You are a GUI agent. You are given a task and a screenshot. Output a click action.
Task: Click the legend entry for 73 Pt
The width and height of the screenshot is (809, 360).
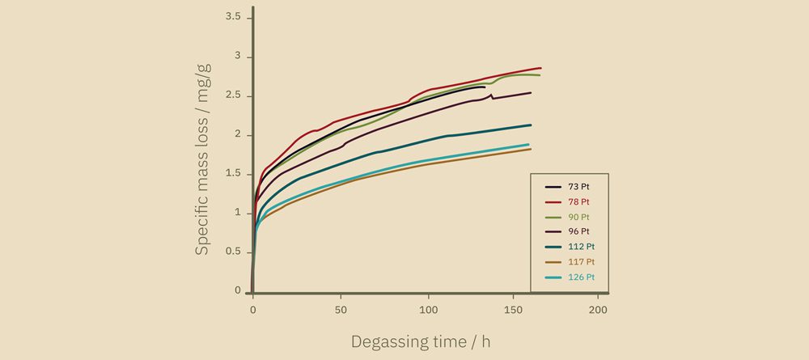(579, 186)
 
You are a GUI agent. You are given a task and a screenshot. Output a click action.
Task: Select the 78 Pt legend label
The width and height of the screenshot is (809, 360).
(579, 201)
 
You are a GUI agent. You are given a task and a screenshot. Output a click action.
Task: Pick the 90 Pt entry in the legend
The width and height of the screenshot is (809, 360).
(579, 217)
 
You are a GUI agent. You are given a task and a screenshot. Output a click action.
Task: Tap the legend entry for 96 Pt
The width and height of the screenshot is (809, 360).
(579, 231)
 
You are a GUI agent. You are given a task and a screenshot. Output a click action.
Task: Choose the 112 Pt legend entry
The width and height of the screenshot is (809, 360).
(582, 247)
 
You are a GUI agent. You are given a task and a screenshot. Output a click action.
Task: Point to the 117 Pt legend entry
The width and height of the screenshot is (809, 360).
(582, 262)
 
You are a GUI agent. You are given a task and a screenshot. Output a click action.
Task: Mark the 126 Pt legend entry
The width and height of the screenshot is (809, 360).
(582, 277)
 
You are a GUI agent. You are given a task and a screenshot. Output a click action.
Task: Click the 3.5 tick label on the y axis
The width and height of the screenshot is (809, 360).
(232, 17)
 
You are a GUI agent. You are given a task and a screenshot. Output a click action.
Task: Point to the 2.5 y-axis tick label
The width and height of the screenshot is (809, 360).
(232, 95)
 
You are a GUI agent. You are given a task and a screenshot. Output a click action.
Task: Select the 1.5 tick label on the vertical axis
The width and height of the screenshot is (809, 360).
(232, 174)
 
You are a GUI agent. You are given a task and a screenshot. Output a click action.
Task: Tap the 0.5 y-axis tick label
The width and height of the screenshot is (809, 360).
(232, 252)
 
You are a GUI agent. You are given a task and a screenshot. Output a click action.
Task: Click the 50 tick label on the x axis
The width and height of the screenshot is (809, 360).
(341, 311)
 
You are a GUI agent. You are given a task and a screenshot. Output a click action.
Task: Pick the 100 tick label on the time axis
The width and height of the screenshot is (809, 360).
(429, 311)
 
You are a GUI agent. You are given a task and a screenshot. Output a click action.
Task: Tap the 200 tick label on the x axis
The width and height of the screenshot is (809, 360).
(599, 311)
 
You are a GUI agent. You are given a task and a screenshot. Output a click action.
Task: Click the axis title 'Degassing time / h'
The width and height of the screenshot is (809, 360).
(421, 341)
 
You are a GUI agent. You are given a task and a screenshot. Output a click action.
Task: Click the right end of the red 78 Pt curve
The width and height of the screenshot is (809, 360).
(540, 68)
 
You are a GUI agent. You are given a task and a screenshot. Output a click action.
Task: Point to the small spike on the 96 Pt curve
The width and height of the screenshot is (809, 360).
(491, 95)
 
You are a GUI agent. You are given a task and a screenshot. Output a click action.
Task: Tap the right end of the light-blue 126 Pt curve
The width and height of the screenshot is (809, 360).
(528, 145)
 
